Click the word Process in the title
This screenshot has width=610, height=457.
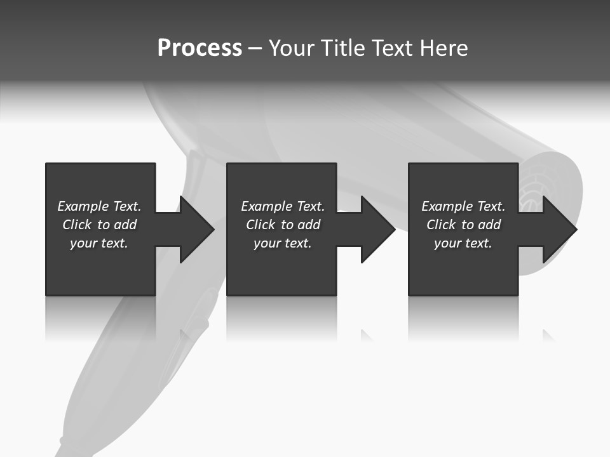click(200, 48)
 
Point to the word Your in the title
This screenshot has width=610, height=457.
click(293, 48)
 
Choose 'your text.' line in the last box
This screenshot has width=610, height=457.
click(463, 243)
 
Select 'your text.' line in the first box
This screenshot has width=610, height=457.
click(98, 243)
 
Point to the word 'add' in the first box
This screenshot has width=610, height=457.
click(126, 225)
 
